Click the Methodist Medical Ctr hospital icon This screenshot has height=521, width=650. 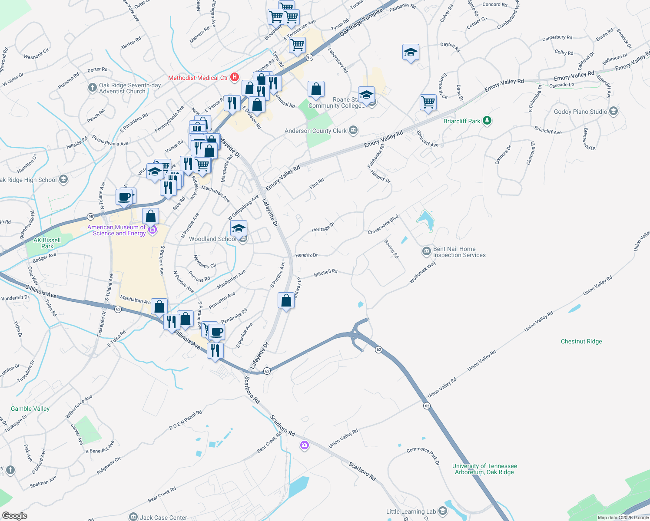click(235, 77)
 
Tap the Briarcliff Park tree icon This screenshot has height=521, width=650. click(487, 121)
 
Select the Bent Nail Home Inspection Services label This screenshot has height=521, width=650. click(459, 252)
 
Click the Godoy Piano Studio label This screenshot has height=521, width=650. click(580, 112)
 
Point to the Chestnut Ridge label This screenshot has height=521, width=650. click(581, 341)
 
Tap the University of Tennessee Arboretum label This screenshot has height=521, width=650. click(484, 469)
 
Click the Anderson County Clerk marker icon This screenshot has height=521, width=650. click(353, 130)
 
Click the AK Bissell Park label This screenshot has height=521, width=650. click(47, 243)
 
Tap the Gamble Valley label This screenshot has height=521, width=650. click(30, 409)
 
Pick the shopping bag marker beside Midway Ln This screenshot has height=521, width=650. click(286, 300)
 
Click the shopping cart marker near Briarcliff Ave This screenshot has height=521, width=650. click(428, 102)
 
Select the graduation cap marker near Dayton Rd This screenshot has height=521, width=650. click(411, 53)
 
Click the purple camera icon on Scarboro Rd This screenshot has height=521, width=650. click(304, 445)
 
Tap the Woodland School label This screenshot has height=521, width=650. click(212, 239)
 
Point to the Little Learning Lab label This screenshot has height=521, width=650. click(411, 511)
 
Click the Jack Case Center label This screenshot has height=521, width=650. click(163, 518)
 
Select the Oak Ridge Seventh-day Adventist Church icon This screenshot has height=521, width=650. click(92, 88)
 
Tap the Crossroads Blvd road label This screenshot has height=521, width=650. click(383, 225)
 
